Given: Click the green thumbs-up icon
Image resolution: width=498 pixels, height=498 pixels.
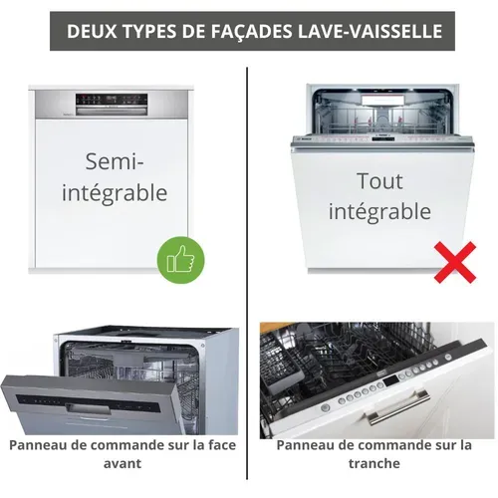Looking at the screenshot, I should [180, 260].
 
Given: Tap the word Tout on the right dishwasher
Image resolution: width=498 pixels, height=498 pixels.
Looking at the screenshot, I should [379, 181].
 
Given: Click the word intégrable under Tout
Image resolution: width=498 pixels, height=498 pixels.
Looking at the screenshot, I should [379, 211].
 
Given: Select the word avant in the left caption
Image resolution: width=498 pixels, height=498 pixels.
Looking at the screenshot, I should [123, 463].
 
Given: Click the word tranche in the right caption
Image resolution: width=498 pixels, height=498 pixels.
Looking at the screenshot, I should [374, 463].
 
